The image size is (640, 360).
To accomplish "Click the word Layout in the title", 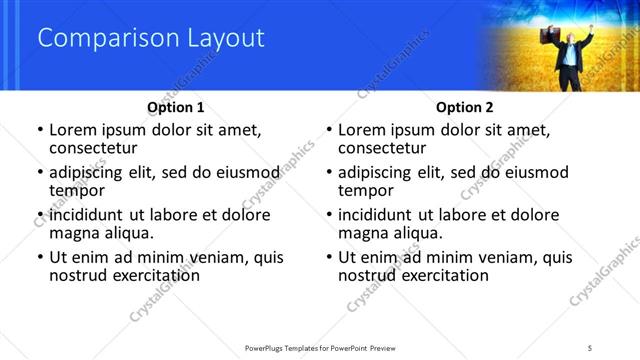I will point(226,39).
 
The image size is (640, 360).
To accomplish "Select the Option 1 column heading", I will point(175,107).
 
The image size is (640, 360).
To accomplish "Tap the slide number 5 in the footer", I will point(590,346).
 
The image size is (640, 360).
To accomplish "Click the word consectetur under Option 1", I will point(92,148).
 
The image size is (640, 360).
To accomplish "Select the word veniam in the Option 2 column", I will point(506,257).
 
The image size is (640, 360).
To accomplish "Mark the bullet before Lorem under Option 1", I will point(39,131).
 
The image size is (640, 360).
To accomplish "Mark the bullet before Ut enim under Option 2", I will point(329,258).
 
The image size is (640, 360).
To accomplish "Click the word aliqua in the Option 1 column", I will point(129,233).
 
